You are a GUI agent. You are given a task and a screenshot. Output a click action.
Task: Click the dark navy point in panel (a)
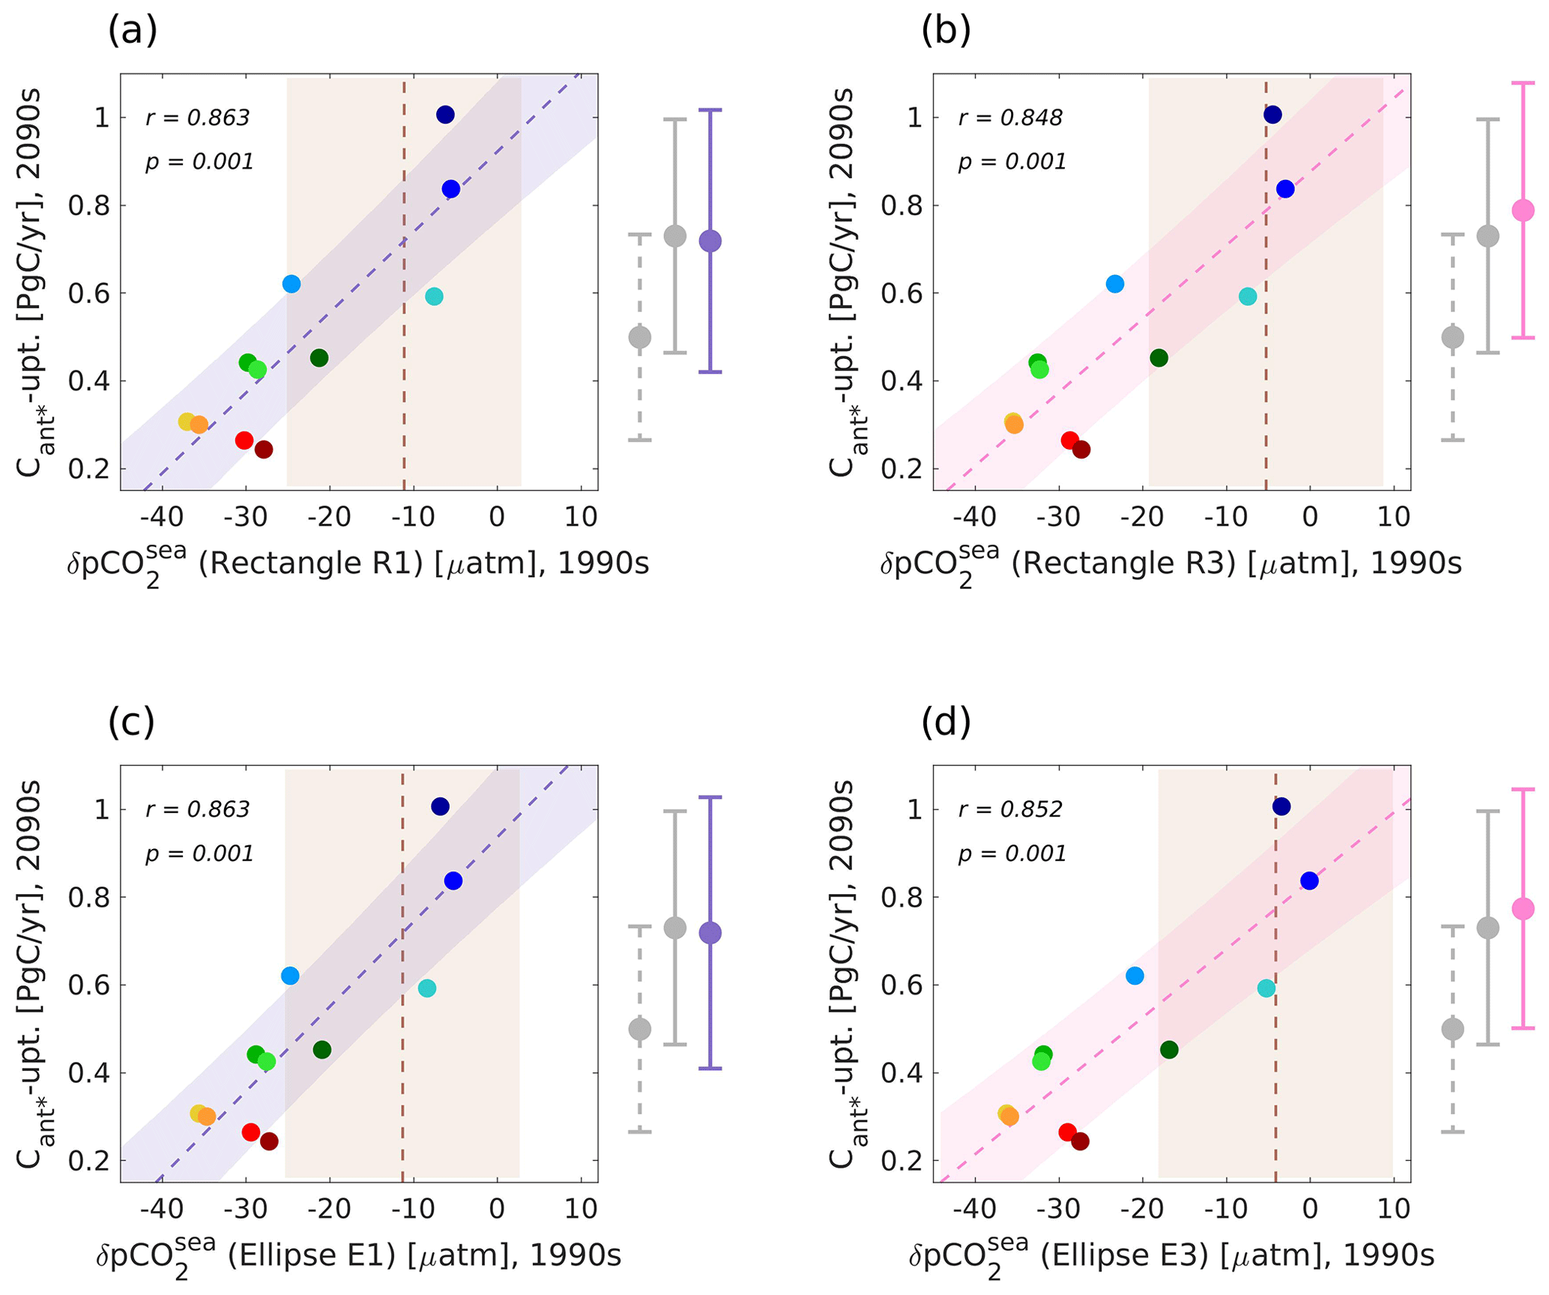[445, 115]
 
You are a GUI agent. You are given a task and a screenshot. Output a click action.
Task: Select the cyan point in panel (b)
[1247, 296]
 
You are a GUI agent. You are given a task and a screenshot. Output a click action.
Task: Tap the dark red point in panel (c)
[269, 1141]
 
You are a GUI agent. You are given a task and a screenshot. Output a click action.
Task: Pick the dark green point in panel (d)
[1169, 1050]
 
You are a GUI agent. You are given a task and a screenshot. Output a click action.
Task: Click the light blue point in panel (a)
[292, 284]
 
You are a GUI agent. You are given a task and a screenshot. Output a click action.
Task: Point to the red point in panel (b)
[1069, 440]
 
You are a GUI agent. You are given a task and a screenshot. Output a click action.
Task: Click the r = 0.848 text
[1009, 118]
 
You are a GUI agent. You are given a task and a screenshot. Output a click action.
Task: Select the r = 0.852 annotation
[1009, 809]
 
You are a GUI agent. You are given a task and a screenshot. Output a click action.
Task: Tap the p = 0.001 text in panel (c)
[199, 854]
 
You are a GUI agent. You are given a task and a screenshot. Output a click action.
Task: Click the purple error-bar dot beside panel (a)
[710, 241]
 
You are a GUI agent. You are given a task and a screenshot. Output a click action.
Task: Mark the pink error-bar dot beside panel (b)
[1524, 210]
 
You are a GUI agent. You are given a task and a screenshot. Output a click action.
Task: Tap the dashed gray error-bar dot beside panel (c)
[639, 1029]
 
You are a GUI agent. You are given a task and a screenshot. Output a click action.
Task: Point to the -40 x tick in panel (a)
[162, 516]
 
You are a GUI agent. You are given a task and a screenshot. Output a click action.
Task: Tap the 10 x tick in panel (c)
[581, 1208]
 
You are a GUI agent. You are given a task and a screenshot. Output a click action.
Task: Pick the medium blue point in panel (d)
[1309, 881]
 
